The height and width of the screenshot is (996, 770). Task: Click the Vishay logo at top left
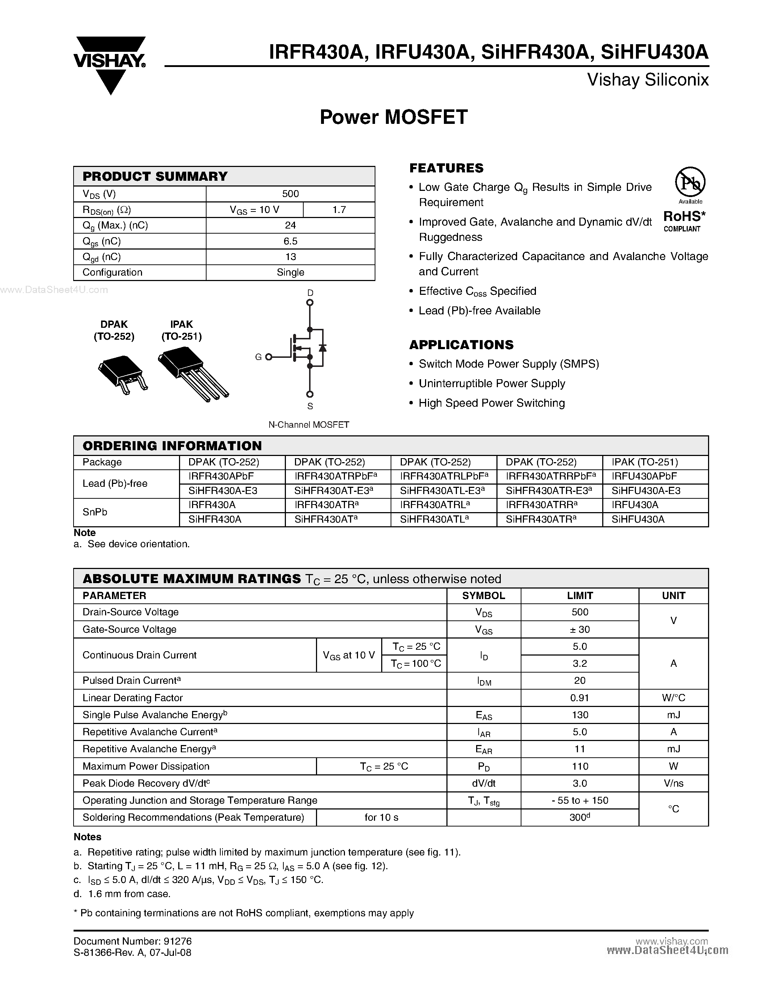pos(109,64)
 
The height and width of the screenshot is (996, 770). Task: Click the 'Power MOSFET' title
pos(393,117)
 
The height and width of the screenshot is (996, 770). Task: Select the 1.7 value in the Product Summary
pos(339,210)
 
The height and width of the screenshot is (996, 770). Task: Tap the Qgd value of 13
pos(290,257)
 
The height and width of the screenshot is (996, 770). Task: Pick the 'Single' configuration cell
pos(290,272)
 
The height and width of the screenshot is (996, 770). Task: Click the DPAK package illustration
pos(122,374)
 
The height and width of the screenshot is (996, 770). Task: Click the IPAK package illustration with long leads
pos(192,373)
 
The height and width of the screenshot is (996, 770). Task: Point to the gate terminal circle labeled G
pos(269,357)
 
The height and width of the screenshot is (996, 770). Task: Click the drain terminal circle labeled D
pos(310,302)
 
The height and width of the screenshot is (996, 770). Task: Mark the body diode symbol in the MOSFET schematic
pos(322,347)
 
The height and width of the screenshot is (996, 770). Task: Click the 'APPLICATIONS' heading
pos(461,345)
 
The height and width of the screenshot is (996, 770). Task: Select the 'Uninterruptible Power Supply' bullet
pos(492,384)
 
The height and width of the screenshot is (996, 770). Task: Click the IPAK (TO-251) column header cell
pos(645,462)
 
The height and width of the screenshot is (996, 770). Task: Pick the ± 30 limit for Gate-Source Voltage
pos(579,629)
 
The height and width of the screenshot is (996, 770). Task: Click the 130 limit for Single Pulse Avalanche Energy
pos(579,715)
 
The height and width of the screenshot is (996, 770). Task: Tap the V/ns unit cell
pos(673,783)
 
